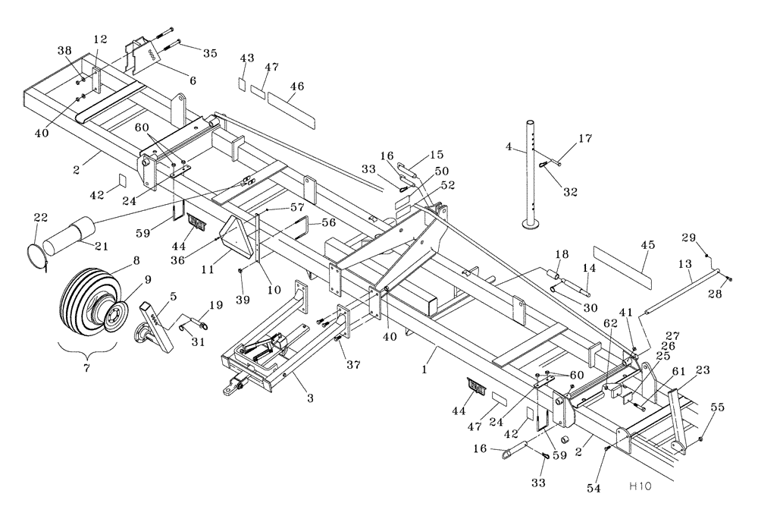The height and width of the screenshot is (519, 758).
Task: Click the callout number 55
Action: (x=717, y=407)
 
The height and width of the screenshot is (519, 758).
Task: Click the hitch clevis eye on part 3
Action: (x=228, y=392)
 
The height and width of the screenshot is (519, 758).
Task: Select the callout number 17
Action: (x=584, y=138)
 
